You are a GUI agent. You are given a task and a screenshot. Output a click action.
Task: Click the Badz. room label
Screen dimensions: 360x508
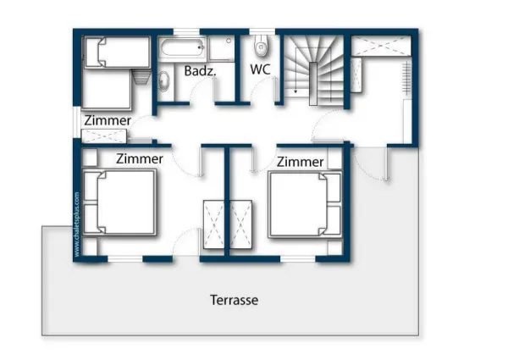click(x=200, y=71)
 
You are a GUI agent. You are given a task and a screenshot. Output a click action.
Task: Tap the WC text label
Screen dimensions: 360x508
click(x=259, y=69)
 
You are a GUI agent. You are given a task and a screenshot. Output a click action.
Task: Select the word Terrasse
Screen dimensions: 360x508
click(x=235, y=300)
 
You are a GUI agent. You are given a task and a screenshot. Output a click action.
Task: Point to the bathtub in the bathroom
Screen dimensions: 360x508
click(x=180, y=47)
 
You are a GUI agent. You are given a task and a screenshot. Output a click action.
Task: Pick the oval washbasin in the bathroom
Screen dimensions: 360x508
click(x=163, y=80)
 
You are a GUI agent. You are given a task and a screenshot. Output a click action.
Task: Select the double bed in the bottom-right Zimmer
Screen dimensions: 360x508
click(x=306, y=203)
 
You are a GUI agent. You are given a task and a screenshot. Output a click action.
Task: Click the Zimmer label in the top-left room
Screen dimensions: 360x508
click(x=108, y=121)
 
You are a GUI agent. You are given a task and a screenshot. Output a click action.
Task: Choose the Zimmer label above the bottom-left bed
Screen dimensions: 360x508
click(x=139, y=158)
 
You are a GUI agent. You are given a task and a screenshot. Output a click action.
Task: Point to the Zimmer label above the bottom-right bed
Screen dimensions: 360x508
click(x=301, y=161)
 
